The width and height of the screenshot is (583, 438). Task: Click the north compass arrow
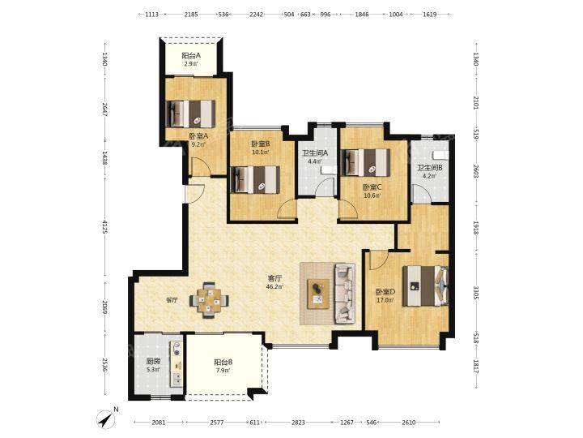pos(107,419)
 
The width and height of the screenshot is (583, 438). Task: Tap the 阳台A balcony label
pos(191,56)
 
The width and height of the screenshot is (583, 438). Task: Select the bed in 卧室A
pos(191,114)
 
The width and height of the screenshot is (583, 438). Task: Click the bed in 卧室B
pos(255,179)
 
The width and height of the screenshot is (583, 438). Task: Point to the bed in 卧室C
pos(366,163)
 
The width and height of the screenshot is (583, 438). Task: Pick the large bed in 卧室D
pos(426,286)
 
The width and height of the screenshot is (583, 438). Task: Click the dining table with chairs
pos(209,300)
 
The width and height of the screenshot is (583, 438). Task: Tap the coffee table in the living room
pos(318,294)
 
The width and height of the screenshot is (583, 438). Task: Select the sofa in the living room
pos(345,294)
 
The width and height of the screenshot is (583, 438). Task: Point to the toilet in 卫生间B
pos(441,155)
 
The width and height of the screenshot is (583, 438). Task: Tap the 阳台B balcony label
pos(223,362)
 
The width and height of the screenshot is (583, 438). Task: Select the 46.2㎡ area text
pos(274,287)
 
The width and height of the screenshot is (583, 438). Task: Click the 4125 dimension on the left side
pos(104,227)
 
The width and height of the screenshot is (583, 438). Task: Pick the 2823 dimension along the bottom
pos(298,423)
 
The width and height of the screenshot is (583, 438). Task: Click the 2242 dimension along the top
pos(256,15)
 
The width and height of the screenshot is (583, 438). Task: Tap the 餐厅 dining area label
pos(172,300)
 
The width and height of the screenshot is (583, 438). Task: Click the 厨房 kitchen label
pos(153,361)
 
